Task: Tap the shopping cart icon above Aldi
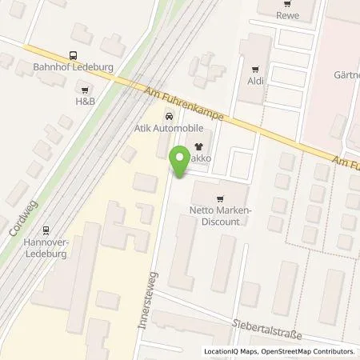(x=256, y=69)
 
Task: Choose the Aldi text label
(x=256, y=82)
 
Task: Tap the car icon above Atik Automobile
(x=167, y=114)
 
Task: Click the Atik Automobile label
(x=168, y=127)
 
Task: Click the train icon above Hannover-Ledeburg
(x=46, y=227)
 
